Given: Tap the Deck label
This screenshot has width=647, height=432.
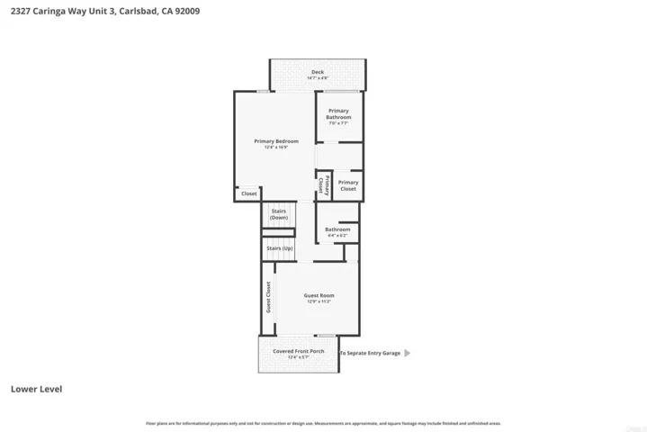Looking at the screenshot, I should [x=318, y=72].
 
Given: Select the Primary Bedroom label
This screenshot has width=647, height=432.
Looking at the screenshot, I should [x=275, y=141].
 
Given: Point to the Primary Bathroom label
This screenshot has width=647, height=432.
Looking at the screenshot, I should [x=338, y=114].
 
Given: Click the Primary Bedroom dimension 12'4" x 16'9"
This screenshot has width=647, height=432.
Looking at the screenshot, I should [x=275, y=148].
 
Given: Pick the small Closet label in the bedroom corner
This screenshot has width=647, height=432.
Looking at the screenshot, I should [x=248, y=193].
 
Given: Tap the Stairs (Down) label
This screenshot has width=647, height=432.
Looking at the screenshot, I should [x=279, y=214].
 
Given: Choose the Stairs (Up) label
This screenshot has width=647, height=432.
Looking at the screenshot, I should [x=279, y=248].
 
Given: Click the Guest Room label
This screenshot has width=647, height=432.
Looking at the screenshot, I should [x=319, y=295].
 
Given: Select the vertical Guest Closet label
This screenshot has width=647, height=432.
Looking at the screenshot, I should [x=268, y=297].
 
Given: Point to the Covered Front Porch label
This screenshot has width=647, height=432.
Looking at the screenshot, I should [x=292, y=351].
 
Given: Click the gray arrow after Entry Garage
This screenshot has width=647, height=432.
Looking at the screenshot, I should [x=408, y=354].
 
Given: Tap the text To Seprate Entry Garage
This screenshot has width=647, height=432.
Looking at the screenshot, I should [x=369, y=354].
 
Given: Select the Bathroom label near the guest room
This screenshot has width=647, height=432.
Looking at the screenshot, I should [x=337, y=229].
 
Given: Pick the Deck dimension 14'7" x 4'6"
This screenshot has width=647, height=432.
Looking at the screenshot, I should [x=318, y=78].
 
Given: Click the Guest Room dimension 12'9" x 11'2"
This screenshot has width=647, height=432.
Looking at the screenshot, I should [x=319, y=301].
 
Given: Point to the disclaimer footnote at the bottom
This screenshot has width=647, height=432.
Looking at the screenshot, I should [x=323, y=423].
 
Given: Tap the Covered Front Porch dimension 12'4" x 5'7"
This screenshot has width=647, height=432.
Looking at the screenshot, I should [x=292, y=357].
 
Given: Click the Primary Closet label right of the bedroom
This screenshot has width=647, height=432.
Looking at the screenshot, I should [x=347, y=185].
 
